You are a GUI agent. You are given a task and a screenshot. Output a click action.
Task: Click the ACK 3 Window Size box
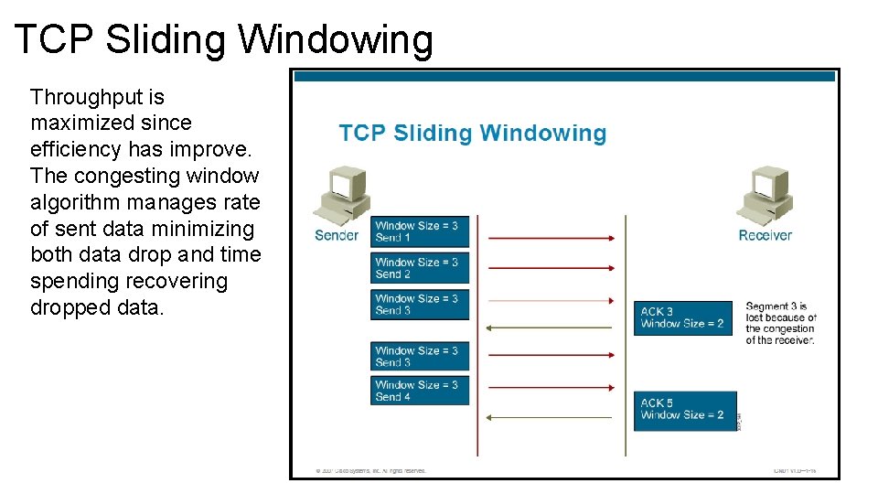[683, 317]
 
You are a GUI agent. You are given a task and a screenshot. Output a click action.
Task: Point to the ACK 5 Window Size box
[684, 410]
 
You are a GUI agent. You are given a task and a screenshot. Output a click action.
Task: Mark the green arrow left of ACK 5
[549, 417]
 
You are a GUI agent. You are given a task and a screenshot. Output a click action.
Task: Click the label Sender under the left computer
[337, 235]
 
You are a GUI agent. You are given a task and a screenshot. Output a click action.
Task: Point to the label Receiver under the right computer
[766, 235]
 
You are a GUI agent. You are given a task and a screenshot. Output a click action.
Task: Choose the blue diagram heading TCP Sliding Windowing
[473, 134]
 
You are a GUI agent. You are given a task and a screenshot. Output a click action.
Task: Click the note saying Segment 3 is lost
[779, 323]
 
